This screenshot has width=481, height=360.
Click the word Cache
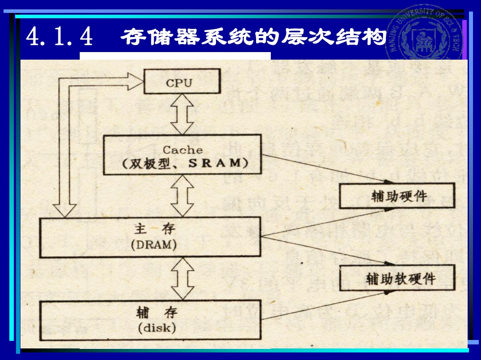click(182, 150)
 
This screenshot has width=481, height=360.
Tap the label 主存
click(154, 229)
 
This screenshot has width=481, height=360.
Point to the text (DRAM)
click(154, 245)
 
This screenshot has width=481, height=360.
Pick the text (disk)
click(157, 328)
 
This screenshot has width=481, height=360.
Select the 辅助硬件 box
click(397, 196)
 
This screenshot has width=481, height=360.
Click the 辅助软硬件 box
click(397, 278)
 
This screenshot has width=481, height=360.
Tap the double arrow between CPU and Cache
click(182, 113)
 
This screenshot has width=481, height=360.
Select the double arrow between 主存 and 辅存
click(182, 279)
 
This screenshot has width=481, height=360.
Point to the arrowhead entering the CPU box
click(134, 82)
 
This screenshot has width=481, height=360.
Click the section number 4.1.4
click(59, 37)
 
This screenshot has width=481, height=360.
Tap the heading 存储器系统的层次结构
click(253, 37)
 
